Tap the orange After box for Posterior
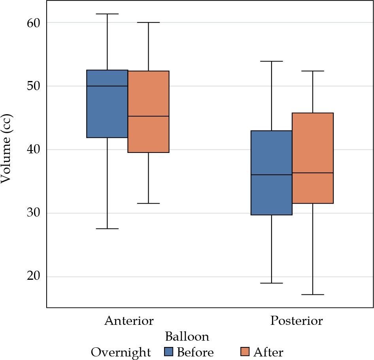(313, 158)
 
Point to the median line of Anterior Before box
(107, 86)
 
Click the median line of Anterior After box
(148, 116)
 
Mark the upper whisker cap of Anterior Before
(107, 14)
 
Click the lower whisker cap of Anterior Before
(107, 229)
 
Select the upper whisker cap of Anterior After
(148, 23)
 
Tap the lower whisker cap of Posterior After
(313, 295)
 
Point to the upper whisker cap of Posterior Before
(272, 61)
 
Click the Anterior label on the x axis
(128, 320)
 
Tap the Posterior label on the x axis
(296, 320)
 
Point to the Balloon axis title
(187, 337)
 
